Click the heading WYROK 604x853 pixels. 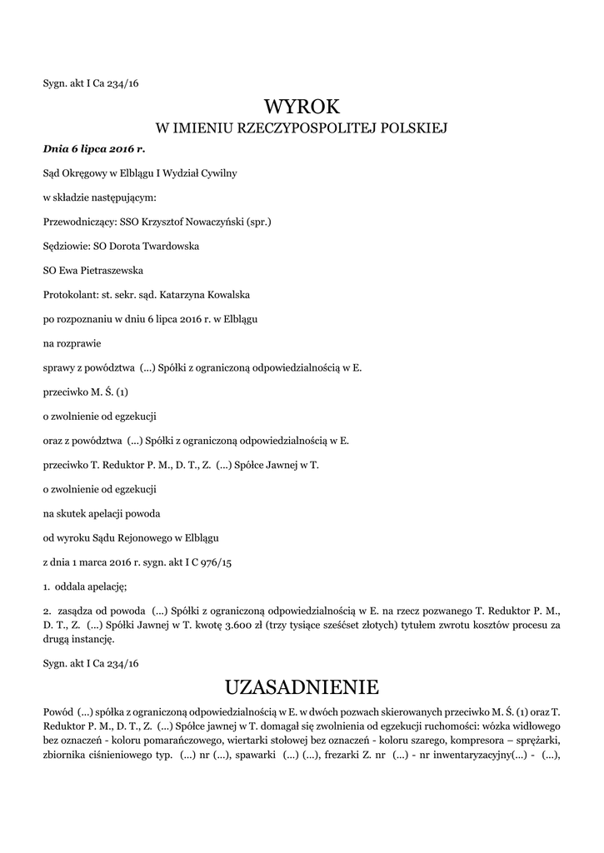point(302,107)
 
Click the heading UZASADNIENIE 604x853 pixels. point(302,687)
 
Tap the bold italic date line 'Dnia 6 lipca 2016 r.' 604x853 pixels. point(94,149)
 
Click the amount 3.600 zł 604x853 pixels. point(330,625)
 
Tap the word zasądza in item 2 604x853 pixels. point(75,611)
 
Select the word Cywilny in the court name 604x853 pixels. point(215,173)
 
